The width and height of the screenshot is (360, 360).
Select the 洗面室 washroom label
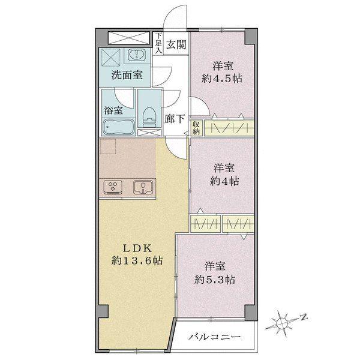pyautogui.click(x=127, y=76)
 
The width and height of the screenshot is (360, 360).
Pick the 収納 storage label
pyautogui.click(x=196, y=127)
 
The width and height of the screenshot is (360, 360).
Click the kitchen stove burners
pyautogui.click(x=113, y=187)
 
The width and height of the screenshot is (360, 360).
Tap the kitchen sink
pyautogui.click(x=143, y=187)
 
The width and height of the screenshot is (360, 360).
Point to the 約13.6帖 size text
pyautogui.click(x=136, y=261)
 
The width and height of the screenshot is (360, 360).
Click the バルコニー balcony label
pyautogui.click(x=216, y=337)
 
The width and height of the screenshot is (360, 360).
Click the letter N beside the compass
pyautogui.click(x=304, y=316)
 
